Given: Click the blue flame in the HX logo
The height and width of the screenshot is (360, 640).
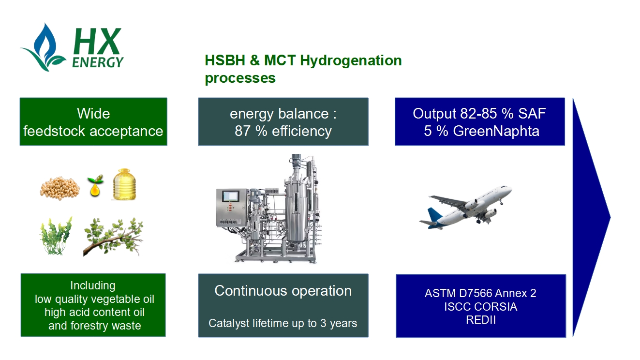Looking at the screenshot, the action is [45, 43].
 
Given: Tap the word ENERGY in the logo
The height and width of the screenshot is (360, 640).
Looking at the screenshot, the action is [98, 62].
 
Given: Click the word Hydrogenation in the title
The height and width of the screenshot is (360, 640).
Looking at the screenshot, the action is [351, 60].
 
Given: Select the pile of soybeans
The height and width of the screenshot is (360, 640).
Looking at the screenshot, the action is [60, 188].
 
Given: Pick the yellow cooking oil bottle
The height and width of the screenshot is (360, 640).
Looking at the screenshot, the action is [124, 184].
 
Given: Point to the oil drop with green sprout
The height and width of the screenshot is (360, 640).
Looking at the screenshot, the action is [95, 186].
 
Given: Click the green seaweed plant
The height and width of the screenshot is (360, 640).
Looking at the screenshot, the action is [56, 236].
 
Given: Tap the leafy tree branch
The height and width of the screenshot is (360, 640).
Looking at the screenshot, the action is [113, 237].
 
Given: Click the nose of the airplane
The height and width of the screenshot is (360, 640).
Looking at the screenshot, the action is [509, 188].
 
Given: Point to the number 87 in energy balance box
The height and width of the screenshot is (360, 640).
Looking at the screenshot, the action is [242, 131].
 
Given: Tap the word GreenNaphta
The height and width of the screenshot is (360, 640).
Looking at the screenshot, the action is [496, 131].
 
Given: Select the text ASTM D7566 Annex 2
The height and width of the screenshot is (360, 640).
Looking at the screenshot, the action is [480, 293].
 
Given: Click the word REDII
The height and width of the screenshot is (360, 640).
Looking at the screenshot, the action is [480, 320].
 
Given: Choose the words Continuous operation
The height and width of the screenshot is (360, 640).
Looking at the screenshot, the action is [283, 291].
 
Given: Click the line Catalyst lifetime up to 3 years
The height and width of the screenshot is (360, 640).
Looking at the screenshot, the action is [283, 323].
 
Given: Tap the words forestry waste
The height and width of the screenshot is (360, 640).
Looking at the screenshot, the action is [106, 326].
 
